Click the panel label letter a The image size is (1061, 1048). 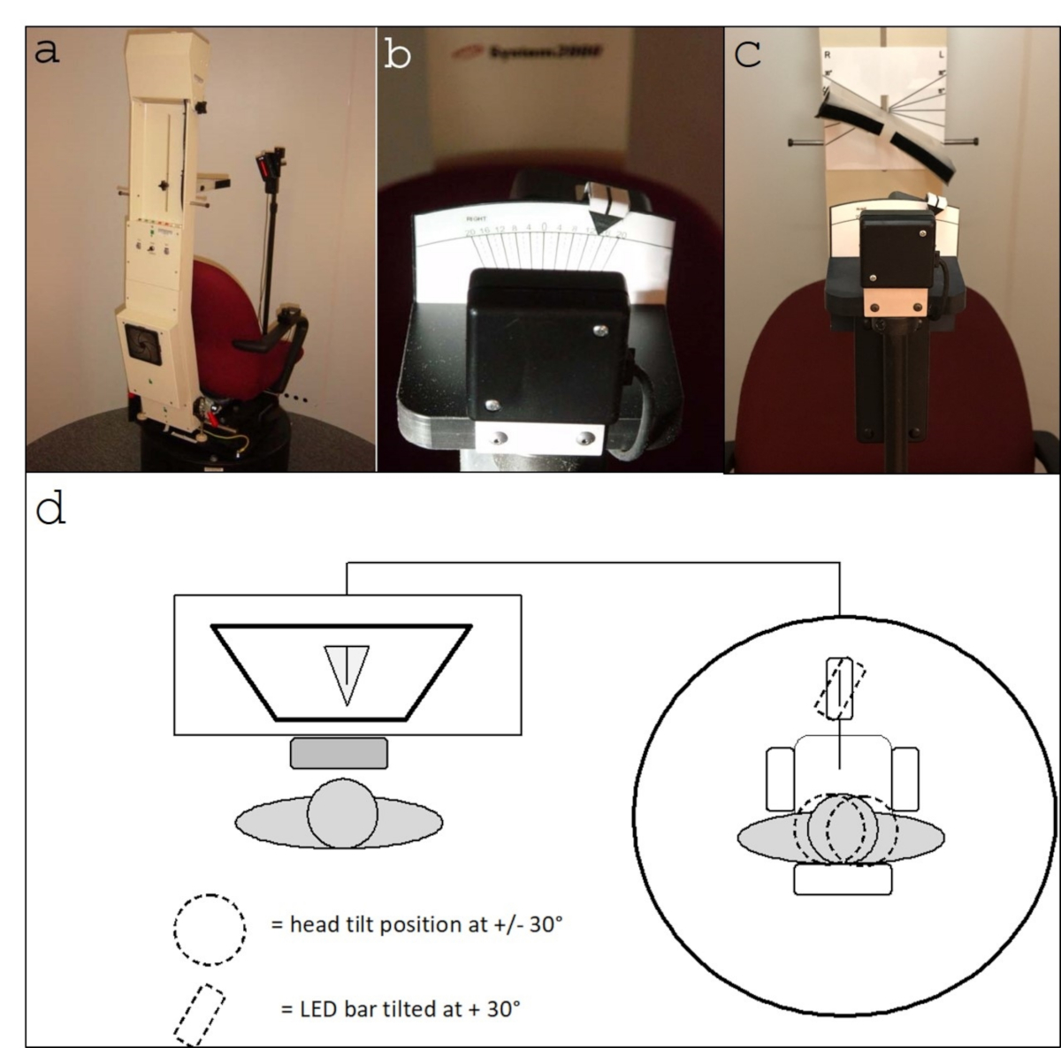click(47, 51)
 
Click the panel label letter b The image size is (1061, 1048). click(399, 55)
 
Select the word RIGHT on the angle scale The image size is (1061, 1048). click(477, 216)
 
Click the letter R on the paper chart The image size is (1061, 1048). click(828, 54)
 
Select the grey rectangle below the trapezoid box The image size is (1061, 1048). click(339, 753)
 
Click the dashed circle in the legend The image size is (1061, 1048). click(210, 930)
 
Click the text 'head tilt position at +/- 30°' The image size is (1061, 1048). click(416, 925)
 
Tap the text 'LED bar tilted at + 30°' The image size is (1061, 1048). click(400, 1007)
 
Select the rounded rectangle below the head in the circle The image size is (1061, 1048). click(843, 880)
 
